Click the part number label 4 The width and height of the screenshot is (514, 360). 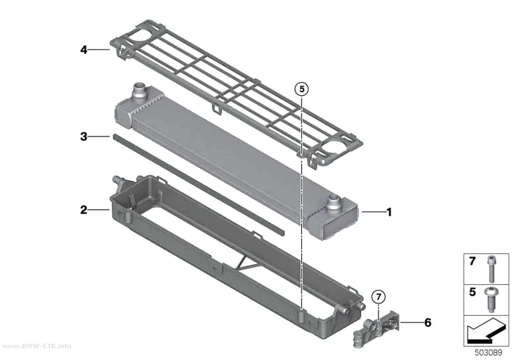[84, 50]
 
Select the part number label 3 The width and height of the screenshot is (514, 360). [84, 136]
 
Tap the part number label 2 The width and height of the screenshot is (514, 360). [84, 210]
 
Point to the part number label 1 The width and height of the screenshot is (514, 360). [389, 212]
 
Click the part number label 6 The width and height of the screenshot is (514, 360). [428, 323]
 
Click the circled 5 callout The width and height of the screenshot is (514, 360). [302, 89]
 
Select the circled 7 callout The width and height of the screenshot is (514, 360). [378, 297]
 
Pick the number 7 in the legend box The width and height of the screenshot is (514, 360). [472, 261]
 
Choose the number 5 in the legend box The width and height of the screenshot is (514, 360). [472, 291]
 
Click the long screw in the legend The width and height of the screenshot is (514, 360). [491, 269]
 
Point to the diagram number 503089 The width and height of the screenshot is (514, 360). [488, 353]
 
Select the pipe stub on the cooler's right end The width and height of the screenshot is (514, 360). [334, 202]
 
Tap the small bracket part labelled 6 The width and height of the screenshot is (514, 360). [377, 327]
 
